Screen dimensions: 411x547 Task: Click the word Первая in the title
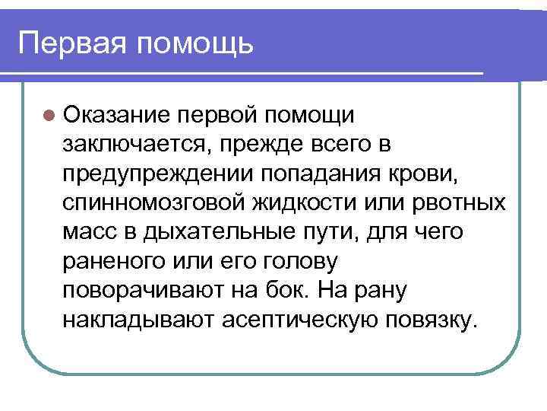[74, 41]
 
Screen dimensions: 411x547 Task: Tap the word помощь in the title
[195, 43]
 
